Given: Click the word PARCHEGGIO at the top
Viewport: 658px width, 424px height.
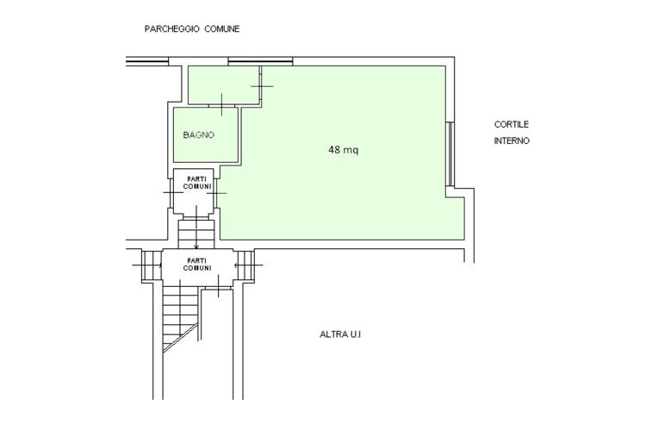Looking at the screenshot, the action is point(171,29).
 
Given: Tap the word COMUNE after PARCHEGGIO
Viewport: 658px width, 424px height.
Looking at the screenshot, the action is point(222,29).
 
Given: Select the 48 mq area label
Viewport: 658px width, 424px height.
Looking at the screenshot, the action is point(344,149).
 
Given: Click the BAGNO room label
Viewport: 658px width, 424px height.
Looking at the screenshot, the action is point(198,134).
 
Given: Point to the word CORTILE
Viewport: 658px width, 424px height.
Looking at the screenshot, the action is point(511,124).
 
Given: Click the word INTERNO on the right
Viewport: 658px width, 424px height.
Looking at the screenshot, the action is point(512,140).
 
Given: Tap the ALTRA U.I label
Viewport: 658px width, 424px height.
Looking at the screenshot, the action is point(340,334).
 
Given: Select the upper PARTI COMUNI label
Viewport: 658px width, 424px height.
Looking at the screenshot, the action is point(197,183).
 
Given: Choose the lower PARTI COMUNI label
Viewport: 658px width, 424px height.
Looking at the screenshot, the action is point(197,265).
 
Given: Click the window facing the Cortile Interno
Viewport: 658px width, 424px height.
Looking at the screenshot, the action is point(450,154).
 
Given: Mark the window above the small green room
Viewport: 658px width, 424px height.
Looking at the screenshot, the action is point(260,61).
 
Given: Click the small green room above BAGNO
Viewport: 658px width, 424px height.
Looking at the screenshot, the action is point(224,84).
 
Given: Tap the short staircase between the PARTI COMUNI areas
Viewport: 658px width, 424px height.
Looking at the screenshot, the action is point(196,234).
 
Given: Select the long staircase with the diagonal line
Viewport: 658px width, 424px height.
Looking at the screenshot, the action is point(181,318).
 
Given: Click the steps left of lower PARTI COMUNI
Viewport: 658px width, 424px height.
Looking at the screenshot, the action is point(152,265).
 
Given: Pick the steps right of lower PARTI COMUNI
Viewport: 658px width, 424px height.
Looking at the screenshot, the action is point(245,265).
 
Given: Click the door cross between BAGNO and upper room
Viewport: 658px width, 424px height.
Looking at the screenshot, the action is point(221,104).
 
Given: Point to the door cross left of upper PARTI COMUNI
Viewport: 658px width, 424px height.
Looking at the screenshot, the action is point(173,192).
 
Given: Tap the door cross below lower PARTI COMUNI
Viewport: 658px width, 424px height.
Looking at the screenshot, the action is point(218,286).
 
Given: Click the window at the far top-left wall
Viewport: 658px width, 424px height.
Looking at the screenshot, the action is point(147,61).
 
